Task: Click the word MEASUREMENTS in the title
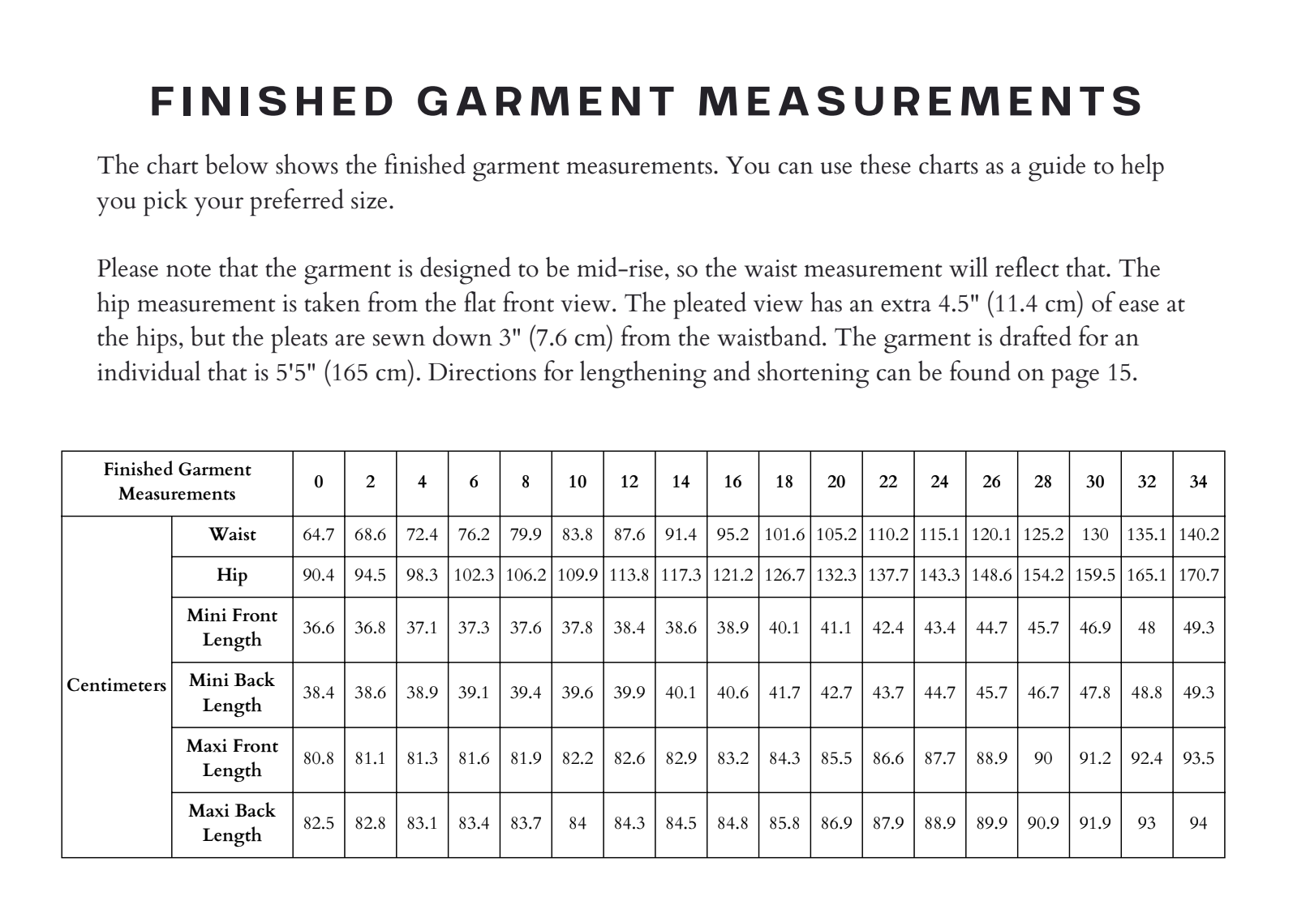pyautogui.click(x=920, y=102)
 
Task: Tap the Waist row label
pyautogui.click(x=232, y=534)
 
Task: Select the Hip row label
pyautogui.click(x=232, y=575)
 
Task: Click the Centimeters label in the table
pyautogui.click(x=116, y=685)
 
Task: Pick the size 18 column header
pyautogui.click(x=784, y=482)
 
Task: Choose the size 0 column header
pyautogui.click(x=319, y=482)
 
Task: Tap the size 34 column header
pyautogui.click(x=1198, y=482)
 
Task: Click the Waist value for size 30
pyautogui.click(x=1094, y=535)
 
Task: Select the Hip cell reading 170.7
pyautogui.click(x=1198, y=576)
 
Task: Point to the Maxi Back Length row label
pyautogui.click(x=232, y=822)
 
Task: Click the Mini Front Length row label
pyautogui.click(x=232, y=627)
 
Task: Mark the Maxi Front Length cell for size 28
pyautogui.click(x=1042, y=758)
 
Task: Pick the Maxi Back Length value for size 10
pyautogui.click(x=577, y=823)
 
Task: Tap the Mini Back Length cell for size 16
pyautogui.click(x=732, y=693)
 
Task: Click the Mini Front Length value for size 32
pyautogui.click(x=1146, y=628)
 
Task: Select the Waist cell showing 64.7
pyautogui.click(x=319, y=535)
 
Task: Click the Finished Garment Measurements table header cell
pyautogui.click(x=177, y=482)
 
